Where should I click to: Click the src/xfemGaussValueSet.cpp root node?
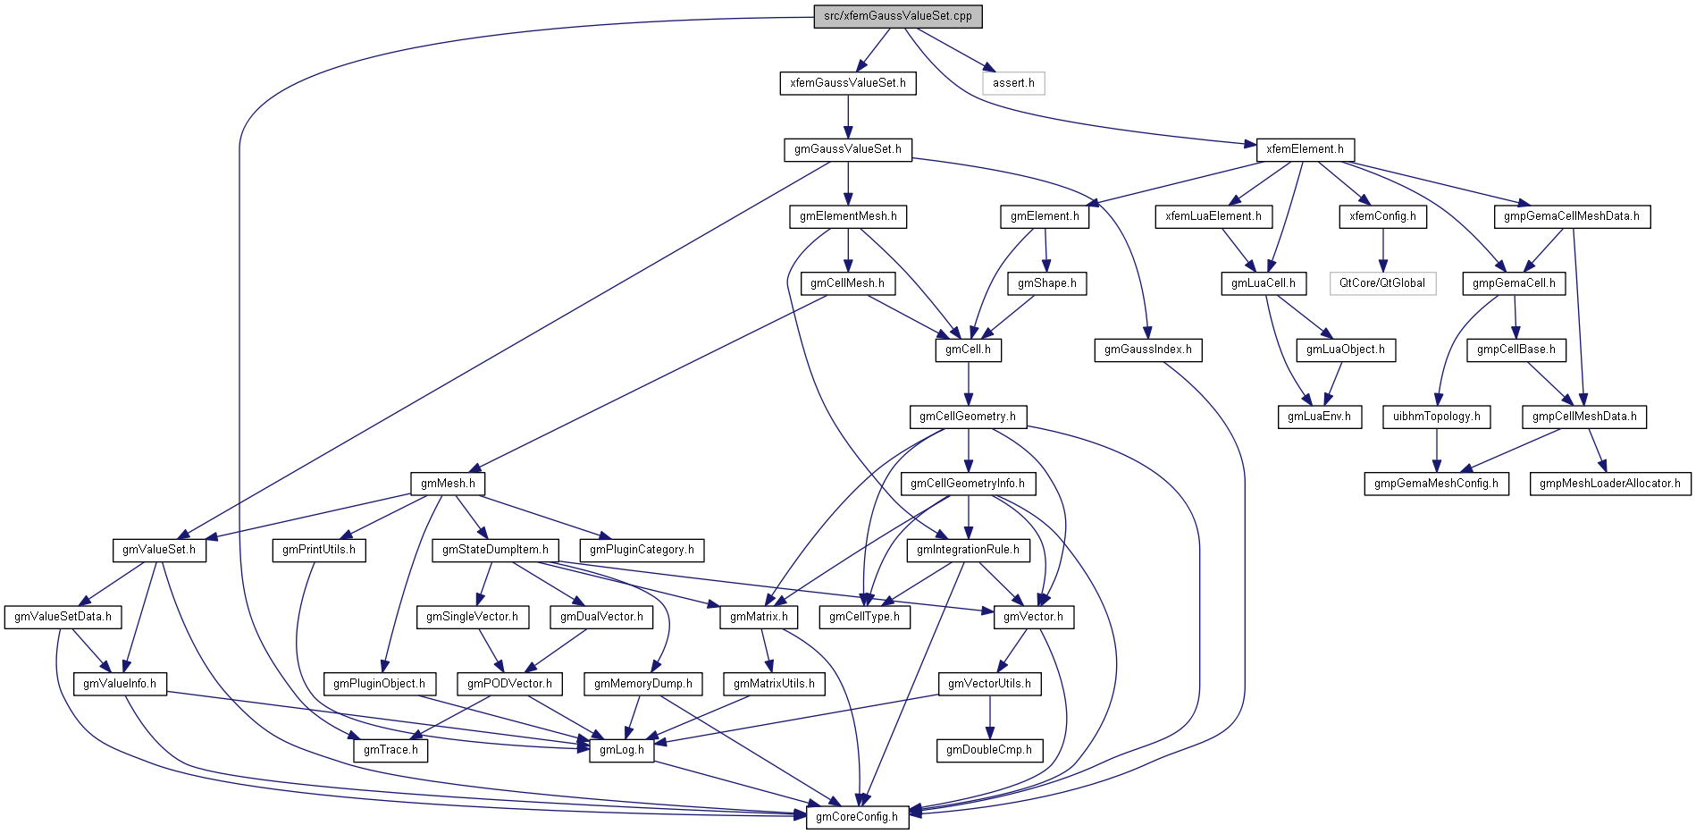click(898, 16)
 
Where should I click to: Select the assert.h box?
click(1013, 83)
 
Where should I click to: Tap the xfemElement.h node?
click(1305, 149)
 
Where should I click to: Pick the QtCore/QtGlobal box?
click(1382, 283)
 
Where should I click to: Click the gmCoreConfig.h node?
click(857, 817)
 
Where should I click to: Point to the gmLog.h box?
click(622, 750)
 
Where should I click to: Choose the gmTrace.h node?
click(390, 750)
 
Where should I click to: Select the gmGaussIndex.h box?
click(1147, 350)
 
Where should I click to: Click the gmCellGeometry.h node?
click(968, 417)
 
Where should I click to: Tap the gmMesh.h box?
click(448, 484)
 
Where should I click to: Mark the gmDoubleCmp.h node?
click(989, 750)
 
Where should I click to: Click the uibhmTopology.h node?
click(1436, 417)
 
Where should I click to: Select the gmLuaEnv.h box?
click(1319, 417)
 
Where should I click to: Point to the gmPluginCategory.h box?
click(642, 550)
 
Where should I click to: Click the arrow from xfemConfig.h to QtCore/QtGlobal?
click(1383, 250)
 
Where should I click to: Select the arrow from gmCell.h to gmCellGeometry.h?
click(968, 384)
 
